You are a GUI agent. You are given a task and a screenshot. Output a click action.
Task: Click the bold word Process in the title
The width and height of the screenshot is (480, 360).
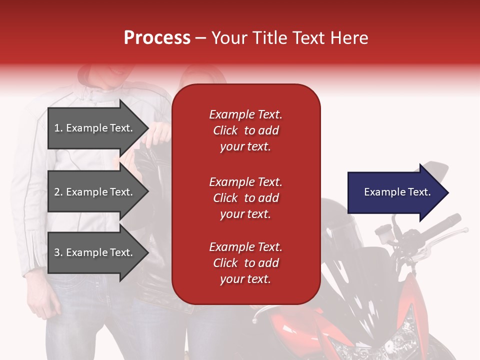157,38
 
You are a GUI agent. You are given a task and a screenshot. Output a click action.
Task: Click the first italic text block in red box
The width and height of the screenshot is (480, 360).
245,130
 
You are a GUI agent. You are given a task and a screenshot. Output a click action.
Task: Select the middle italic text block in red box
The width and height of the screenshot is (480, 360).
245,198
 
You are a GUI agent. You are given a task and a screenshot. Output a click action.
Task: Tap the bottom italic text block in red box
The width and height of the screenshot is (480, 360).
245,263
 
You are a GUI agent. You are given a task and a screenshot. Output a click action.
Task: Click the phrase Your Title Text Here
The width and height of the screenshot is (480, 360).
289,38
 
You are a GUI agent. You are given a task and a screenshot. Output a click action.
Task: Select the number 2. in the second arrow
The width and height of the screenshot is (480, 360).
58,192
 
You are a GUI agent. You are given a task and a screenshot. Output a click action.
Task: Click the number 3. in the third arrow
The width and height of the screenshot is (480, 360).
58,252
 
